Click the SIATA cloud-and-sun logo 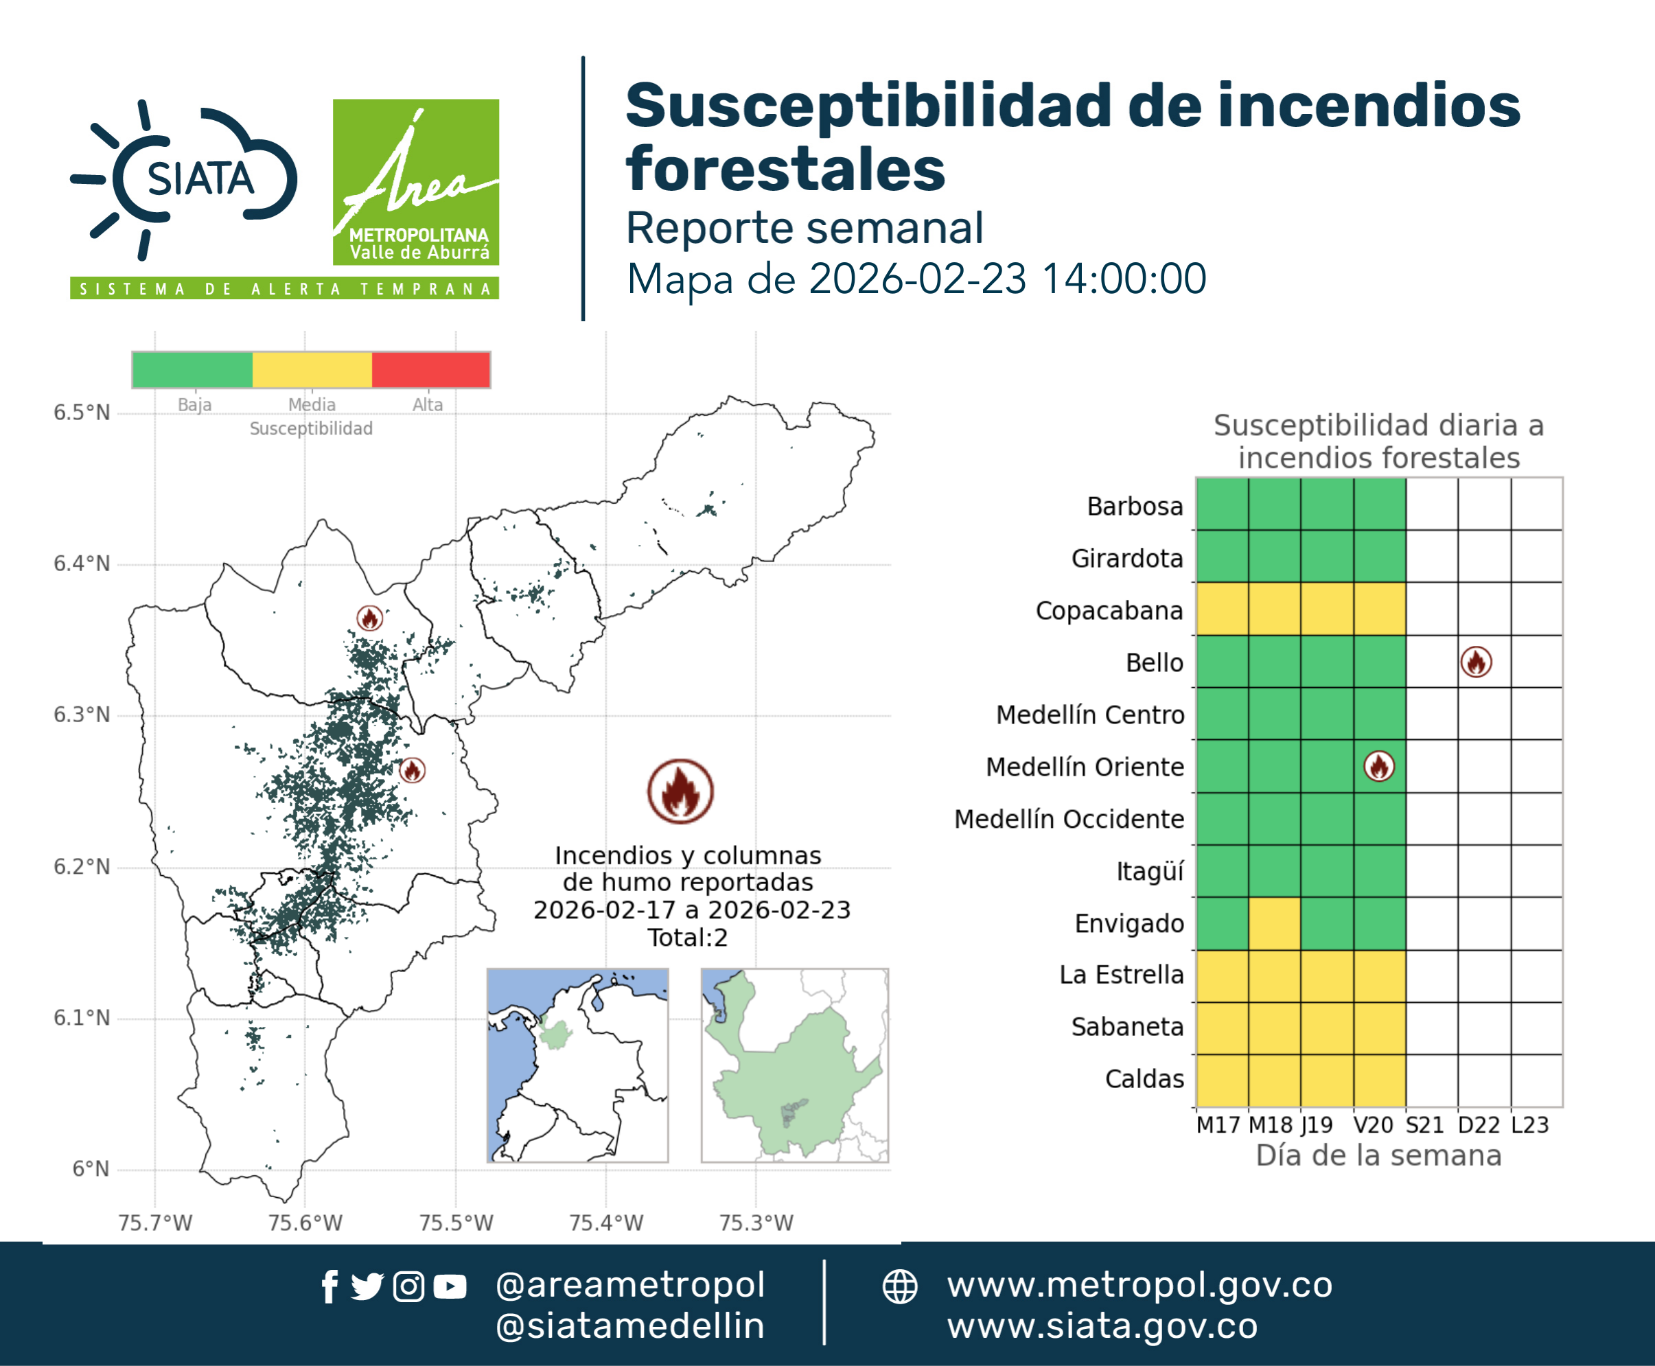coord(183,179)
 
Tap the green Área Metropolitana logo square coord(415,182)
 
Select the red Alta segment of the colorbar coord(430,370)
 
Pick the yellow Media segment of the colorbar coord(312,370)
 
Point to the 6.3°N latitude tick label coord(82,715)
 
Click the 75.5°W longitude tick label coord(456,1223)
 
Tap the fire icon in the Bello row coord(1476,662)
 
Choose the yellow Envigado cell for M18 coord(1274,923)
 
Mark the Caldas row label coord(1144,1079)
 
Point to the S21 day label coord(1424,1125)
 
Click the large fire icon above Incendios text coord(681,791)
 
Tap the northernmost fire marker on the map coord(370,618)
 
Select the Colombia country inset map coord(577,1065)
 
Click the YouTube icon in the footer coord(450,1286)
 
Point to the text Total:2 coord(688,937)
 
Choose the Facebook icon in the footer coord(329,1286)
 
